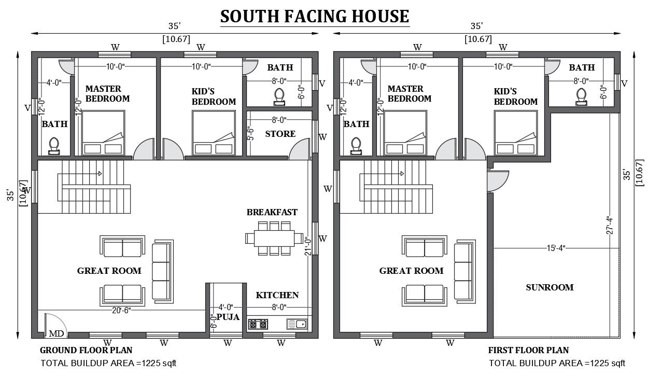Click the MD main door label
point(56,333)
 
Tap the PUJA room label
point(228,317)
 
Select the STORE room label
point(280,134)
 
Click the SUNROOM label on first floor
point(550,287)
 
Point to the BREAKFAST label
point(272,212)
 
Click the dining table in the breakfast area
point(274,238)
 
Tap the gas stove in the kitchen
point(258,324)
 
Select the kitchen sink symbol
point(297,324)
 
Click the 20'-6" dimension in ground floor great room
point(121,310)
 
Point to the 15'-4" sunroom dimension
point(556,248)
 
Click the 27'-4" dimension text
point(610,225)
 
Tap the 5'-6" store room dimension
point(250,134)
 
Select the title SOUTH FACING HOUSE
point(315,16)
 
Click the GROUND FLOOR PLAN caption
point(86,350)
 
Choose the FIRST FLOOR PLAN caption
point(528,350)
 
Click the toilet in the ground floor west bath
point(54,146)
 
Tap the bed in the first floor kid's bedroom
point(516,133)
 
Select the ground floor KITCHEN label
point(277,295)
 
